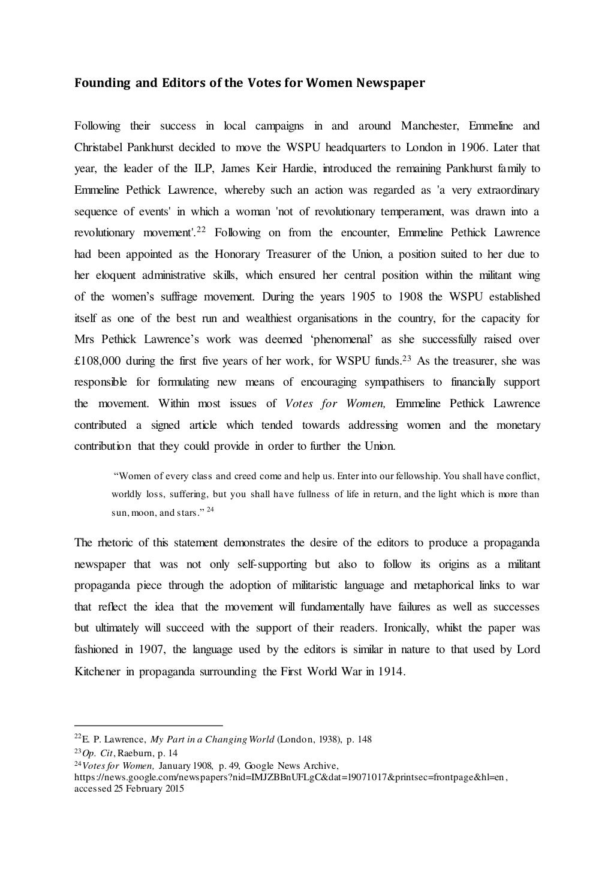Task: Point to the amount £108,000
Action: coord(96,361)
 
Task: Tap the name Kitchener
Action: coord(97,671)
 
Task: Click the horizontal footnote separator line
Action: coord(148,724)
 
